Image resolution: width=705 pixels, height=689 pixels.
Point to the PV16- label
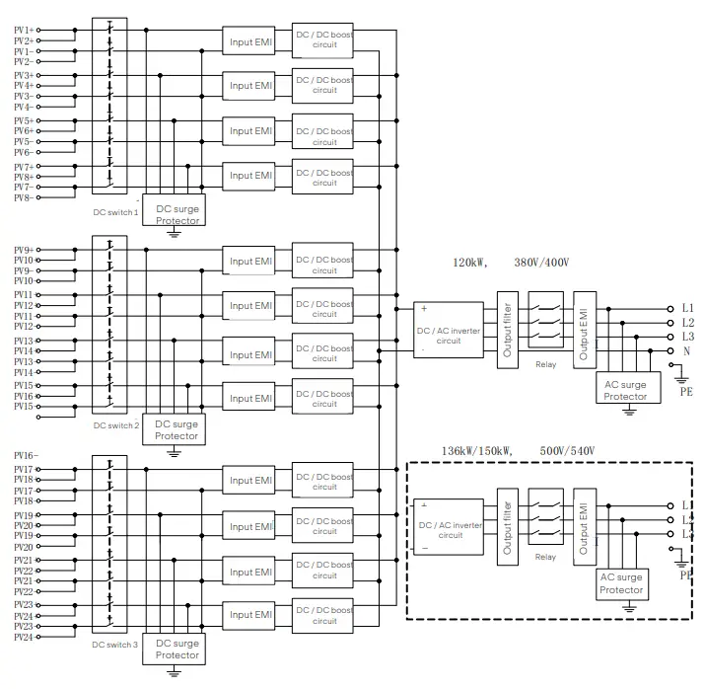point(25,454)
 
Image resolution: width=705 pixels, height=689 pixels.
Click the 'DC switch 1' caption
point(115,212)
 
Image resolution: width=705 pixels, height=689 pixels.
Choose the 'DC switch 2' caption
point(116,424)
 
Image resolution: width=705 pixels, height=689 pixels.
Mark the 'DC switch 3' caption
point(115,645)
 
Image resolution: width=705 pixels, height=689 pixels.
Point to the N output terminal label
point(686,350)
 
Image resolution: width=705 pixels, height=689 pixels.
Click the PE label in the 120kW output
point(686,391)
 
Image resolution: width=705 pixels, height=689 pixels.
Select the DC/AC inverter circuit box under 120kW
point(449,329)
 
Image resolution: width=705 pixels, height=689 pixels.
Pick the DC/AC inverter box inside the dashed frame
point(449,529)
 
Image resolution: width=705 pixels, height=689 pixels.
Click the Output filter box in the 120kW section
point(507,329)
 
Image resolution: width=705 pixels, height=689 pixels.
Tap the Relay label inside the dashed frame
point(545,557)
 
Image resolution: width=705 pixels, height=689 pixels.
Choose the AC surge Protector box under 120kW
point(625,391)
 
